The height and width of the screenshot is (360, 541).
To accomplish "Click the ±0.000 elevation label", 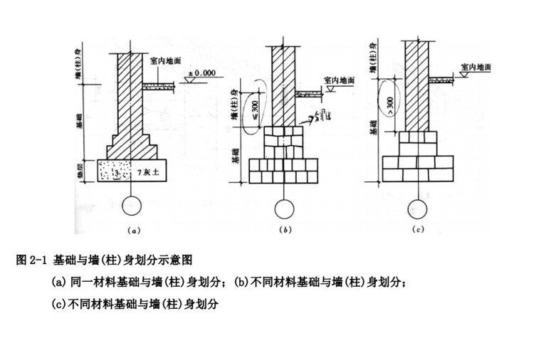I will click(x=201, y=73).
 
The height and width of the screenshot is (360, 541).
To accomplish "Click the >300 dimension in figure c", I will click(x=389, y=105).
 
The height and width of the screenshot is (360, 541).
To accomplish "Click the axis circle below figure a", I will click(x=132, y=206).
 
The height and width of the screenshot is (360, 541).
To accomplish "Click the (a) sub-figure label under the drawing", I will click(x=132, y=231).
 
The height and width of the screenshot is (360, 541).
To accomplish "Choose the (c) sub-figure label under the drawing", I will click(x=419, y=231).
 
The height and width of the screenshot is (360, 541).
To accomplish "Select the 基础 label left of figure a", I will click(x=80, y=125).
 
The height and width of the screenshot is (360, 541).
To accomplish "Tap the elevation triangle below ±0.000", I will click(x=190, y=82).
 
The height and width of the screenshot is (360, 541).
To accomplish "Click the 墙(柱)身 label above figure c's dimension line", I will click(x=373, y=57).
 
